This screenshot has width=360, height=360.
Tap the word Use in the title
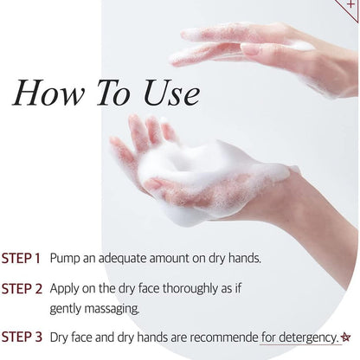[x=171, y=93]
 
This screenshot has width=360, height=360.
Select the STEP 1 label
[x=21, y=258]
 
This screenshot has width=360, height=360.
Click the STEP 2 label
[x=22, y=289]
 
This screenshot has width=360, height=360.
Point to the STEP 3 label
[x=22, y=337]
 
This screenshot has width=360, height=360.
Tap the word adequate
[x=122, y=259]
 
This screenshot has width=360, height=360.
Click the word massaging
[x=112, y=310]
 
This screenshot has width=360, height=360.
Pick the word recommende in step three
[x=224, y=337]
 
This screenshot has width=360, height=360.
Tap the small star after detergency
[x=345, y=337]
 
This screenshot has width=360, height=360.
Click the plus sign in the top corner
[x=350, y=4]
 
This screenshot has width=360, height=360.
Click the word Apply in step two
[x=64, y=289]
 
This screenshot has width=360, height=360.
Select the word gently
[x=66, y=310]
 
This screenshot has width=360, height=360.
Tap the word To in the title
[x=113, y=93]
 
